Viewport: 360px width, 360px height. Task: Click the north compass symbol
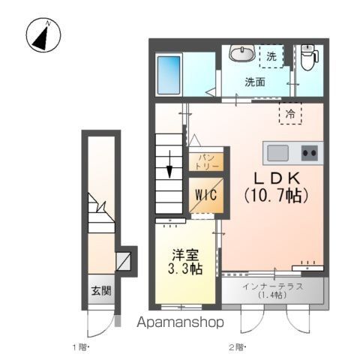point(43,34)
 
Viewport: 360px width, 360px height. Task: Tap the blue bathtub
point(169,75)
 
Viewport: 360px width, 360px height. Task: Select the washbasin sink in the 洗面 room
point(242,53)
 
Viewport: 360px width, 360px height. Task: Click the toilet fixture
point(309,57)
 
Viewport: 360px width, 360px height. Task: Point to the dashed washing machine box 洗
point(271,56)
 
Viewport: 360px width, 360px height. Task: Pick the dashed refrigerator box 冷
point(290,114)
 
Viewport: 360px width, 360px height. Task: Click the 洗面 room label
point(255,82)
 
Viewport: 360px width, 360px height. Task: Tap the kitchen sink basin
point(277,153)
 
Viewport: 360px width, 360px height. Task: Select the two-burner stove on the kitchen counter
point(310,153)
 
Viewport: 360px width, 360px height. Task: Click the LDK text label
point(277,178)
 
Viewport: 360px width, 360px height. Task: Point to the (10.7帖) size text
point(276,196)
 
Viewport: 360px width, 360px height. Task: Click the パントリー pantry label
point(206,162)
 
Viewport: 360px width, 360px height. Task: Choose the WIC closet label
point(206,195)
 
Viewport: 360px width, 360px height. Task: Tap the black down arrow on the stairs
point(169,164)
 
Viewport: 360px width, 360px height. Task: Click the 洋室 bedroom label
point(185,255)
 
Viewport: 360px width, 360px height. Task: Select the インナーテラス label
point(272,286)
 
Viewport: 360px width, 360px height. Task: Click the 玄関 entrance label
point(101,291)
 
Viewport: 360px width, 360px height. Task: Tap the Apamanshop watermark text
point(180,322)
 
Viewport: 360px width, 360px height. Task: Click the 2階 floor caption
point(237,347)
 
